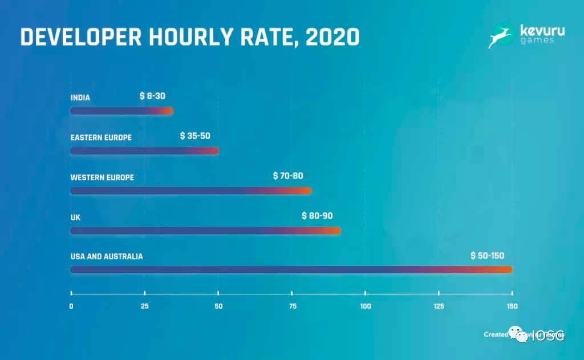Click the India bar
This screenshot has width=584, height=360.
click(121, 111)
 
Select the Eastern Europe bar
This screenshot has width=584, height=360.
click(144, 151)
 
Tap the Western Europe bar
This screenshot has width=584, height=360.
click(190, 191)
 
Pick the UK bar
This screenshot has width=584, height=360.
click(205, 230)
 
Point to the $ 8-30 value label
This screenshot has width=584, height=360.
click(152, 96)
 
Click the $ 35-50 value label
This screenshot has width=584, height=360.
click(195, 136)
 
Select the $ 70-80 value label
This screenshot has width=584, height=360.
click(288, 176)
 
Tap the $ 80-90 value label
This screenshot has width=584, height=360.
click(317, 216)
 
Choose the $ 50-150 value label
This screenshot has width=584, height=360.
click(488, 256)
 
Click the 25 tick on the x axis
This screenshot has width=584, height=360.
click(145, 306)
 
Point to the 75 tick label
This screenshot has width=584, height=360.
click(292, 306)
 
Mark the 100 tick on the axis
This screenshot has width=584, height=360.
click(366, 306)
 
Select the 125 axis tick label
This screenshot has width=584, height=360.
click(439, 306)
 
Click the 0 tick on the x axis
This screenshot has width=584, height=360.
click(71, 306)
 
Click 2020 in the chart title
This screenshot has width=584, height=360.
click(332, 37)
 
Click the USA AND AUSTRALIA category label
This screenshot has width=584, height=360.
click(107, 257)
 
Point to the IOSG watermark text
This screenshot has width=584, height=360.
click(547, 336)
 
